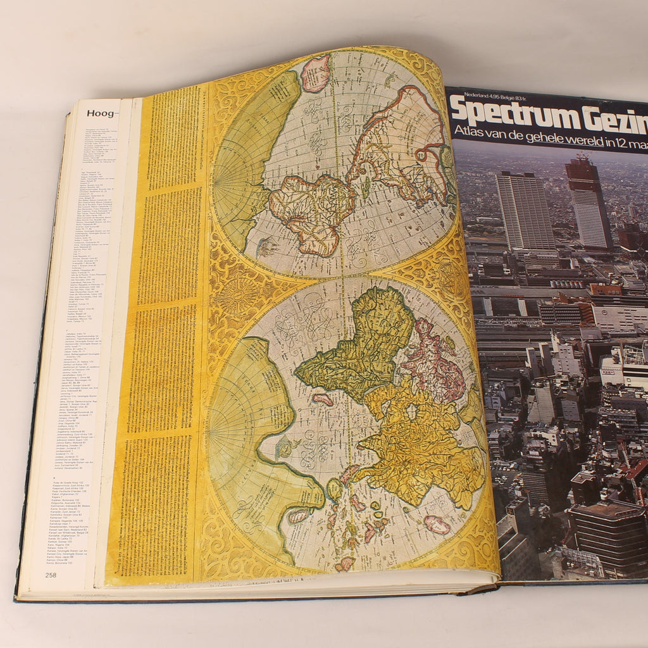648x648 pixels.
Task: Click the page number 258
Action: coord(51,575)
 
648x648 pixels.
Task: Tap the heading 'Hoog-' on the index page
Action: coord(102,114)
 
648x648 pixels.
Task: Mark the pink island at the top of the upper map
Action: coord(315,72)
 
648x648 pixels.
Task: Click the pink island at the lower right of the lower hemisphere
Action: coord(437,525)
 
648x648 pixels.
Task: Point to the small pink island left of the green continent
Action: coord(322,399)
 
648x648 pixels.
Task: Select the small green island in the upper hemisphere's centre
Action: coord(366,187)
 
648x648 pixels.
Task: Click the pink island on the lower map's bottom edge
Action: coord(345,564)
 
